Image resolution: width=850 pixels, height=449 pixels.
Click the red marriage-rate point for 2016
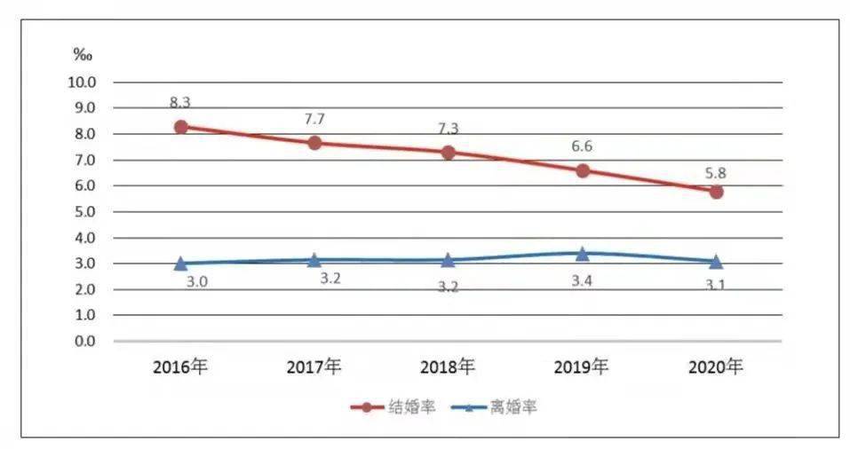(180, 127)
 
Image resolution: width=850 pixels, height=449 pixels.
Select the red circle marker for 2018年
(448, 152)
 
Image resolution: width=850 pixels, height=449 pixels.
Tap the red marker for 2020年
(716, 192)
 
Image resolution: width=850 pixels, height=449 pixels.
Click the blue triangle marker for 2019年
(582, 254)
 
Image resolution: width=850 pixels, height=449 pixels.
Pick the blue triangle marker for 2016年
(180, 263)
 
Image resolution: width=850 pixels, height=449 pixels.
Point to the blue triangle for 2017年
(314, 260)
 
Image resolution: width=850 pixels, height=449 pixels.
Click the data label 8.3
(181, 102)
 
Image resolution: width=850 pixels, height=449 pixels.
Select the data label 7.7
(315, 118)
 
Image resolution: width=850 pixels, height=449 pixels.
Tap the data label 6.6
(583, 146)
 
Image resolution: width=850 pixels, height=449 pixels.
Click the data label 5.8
(716, 173)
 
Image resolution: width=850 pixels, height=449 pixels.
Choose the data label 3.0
(197, 281)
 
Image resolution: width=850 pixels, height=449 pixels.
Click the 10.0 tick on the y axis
(83, 83)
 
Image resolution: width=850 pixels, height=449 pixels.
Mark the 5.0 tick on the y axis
(85, 212)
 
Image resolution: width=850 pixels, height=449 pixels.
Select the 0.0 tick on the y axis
(85, 342)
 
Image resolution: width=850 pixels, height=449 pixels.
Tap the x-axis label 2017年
(314, 366)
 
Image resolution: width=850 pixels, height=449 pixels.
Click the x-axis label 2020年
(715, 366)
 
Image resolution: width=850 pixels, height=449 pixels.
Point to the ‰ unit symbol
(82, 55)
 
